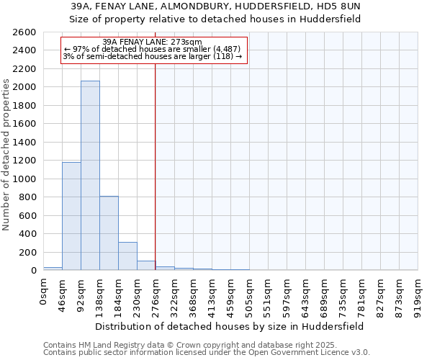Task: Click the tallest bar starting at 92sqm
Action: coord(90,176)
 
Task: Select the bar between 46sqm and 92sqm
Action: coord(71,216)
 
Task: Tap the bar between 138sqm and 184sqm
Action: coord(109,233)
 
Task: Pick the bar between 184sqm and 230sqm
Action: coord(127,256)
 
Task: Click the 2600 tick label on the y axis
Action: coord(24,32)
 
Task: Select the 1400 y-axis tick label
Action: coord(24,143)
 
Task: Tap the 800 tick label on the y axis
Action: coord(27,197)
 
